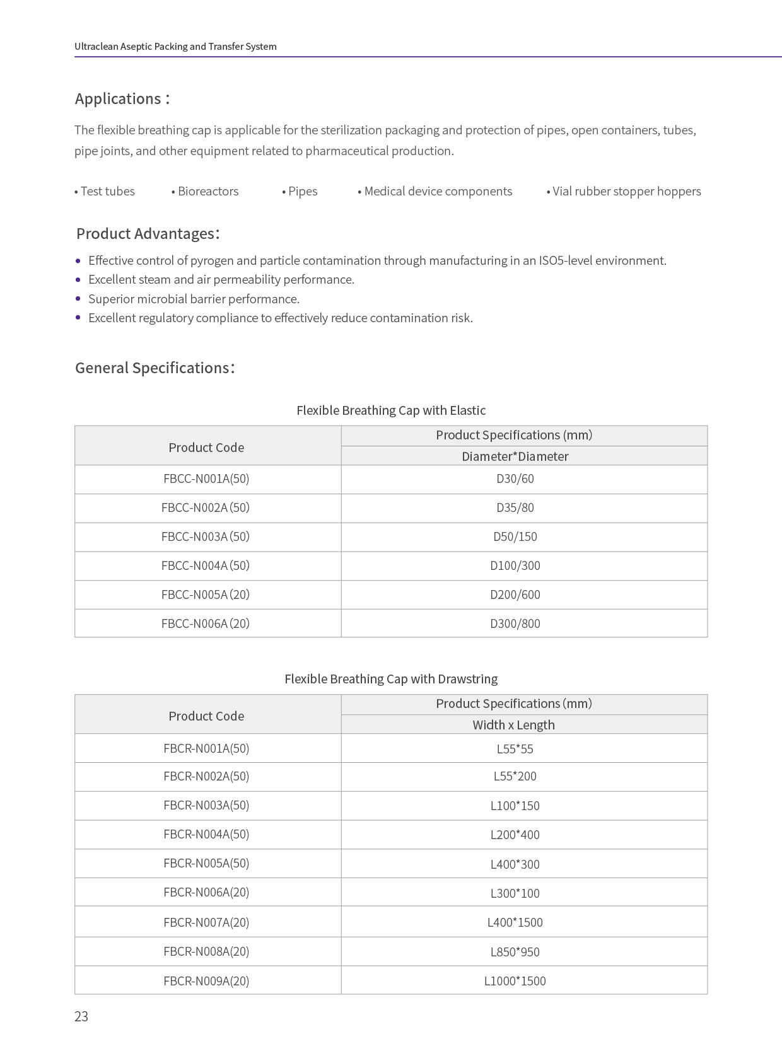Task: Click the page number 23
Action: point(81,1016)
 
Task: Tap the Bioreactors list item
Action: point(206,192)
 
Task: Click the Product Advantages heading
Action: point(148,234)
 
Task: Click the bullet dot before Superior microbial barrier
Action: point(78,299)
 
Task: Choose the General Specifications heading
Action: point(155,368)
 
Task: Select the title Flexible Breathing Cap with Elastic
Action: point(391,410)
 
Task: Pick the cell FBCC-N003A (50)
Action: point(206,536)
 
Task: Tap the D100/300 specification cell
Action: point(515,565)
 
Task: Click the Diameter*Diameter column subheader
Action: point(515,456)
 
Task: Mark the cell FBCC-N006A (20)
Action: point(206,623)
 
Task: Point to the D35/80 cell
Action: point(515,507)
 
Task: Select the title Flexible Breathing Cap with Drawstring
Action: point(391,679)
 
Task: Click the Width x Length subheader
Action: point(514,725)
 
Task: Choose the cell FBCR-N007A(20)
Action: point(206,922)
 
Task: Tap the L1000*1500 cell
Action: point(515,981)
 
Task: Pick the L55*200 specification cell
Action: point(515,776)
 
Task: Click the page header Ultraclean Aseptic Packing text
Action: point(175,47)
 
